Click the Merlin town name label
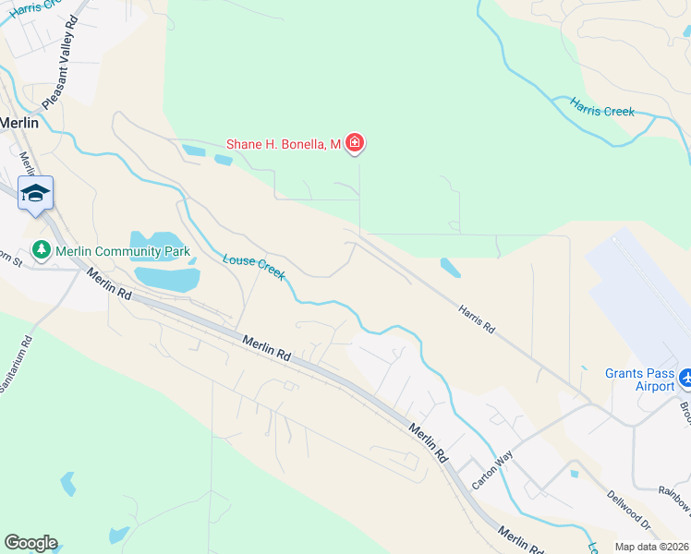tap(19, 122)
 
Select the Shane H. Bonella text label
tap(284, 143)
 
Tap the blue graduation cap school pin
tap(35, 192)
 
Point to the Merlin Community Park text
tap(122, 250)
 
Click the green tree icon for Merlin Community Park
tap(41, 249)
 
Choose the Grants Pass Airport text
tap(639, 379)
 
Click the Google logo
tap(30, 543)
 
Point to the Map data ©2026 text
tap(651, 547)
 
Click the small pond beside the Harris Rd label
tap(450, 269)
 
